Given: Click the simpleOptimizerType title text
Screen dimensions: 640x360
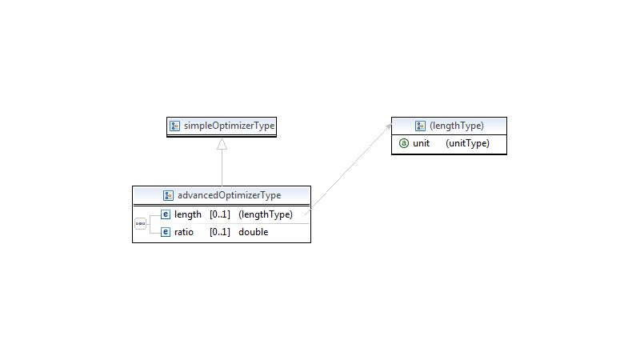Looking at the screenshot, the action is click(229, 126).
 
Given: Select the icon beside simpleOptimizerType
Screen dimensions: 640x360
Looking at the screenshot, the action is click(174, 126).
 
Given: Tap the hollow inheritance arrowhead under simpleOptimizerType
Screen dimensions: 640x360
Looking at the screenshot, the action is click(222, 144).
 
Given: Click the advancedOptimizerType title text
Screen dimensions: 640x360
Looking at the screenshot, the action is click(229, 195).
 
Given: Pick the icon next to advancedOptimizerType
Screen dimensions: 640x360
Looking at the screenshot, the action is click(168, 195).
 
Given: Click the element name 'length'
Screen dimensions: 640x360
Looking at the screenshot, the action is click(188, 214).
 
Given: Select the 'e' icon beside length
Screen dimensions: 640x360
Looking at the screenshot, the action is click(166, 214).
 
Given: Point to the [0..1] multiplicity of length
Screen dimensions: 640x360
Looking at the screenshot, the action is click(220, 214).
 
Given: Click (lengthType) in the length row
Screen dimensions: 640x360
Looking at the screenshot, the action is click(266, 214).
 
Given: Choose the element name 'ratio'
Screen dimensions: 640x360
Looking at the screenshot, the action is click(184, 232).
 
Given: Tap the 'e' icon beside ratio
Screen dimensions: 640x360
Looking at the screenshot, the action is click(166, 232).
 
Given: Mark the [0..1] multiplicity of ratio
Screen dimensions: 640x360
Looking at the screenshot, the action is click(220, 232).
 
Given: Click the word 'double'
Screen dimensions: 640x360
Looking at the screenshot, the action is click(254, 232).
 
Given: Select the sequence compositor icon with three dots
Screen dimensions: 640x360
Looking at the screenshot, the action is click(141, 224).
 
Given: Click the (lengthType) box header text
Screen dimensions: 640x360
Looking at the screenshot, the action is click(457, 126).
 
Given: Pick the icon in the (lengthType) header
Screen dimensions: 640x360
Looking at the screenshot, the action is click(420, 126).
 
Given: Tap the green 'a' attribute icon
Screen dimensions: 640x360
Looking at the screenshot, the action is click(404, 143).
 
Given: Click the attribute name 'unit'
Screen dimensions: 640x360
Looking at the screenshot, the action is click(422, 143).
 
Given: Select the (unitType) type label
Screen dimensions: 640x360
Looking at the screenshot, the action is click(467, 143).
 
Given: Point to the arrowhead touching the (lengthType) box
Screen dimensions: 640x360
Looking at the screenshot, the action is click(389, 127).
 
